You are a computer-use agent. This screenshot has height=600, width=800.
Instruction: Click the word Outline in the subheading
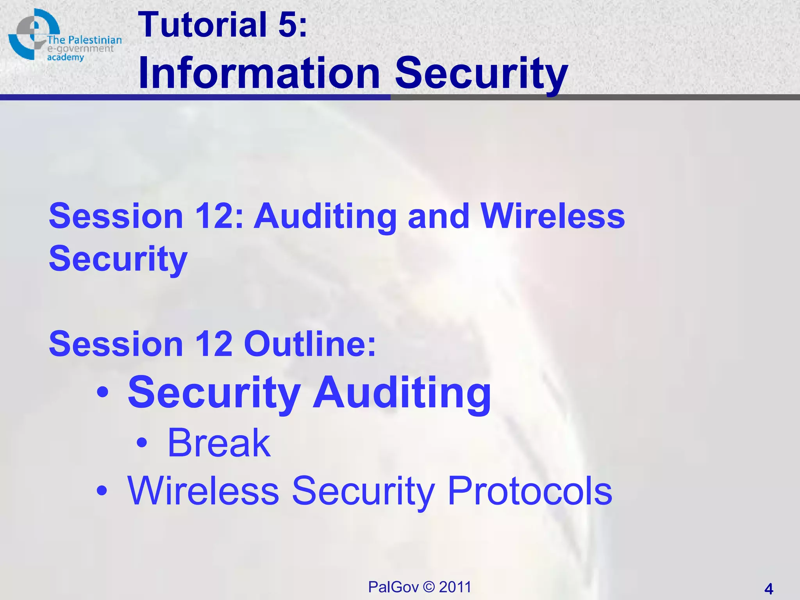[x=309, y=344]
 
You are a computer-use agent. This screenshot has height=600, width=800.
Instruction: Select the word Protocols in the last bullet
[x=530, y=491]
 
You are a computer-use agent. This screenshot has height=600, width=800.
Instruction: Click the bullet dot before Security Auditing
[x=102, y=393]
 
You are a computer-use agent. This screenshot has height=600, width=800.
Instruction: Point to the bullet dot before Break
[x=142, y=443]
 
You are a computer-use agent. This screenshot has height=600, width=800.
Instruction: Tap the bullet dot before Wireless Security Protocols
[x=102, y=491]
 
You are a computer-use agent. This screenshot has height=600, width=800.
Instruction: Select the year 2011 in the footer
[x=455, y=587]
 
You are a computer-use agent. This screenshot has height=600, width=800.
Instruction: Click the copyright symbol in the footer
[x=429, y=587]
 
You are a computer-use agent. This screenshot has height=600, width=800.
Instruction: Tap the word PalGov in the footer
[x=393, y=587]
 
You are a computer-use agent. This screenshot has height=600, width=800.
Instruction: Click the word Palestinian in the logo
[x=95, y=40]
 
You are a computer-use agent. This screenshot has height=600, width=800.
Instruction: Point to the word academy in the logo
[x=66, y=57]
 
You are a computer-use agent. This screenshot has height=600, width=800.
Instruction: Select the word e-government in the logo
[x=80, y=49]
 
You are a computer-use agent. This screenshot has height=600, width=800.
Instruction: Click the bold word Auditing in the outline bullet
[x=402, y=393]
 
